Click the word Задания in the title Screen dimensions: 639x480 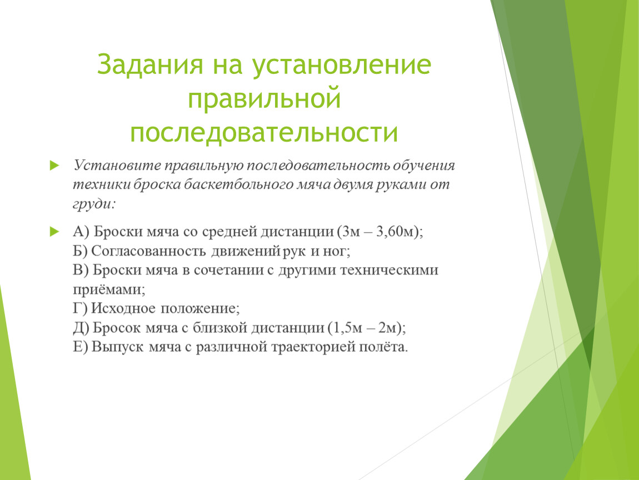149,64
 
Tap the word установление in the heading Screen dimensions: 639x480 341,65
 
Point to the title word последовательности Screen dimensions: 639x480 264,132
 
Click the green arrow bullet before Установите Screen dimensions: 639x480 54,166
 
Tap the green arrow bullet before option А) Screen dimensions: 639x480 54,232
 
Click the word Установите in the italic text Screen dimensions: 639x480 117,166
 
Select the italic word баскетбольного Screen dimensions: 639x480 237,184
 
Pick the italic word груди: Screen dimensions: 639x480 94,204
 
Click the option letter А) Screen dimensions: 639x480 81,232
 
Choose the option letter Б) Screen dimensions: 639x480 80,251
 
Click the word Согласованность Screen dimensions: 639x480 148,251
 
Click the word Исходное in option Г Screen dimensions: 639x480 123,308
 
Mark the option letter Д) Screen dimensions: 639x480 81,328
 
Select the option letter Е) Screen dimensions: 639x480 80,347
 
